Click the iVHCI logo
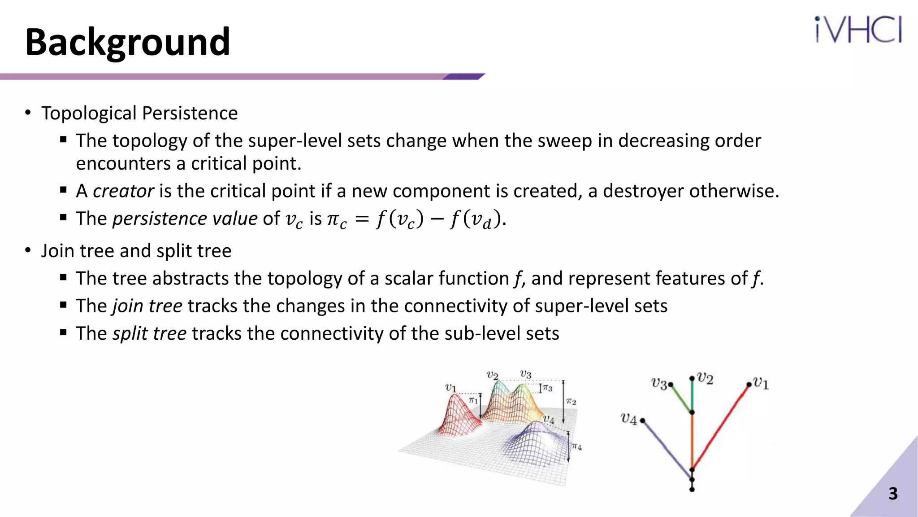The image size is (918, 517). (x=858, y=30)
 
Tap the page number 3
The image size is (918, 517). (x=893, y=494)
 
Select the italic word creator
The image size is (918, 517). (x=123, y=191)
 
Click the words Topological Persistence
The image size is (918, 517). (x=139, y=113)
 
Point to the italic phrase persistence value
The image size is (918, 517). (x=185, y=219)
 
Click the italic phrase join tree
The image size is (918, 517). (x=147, y=306)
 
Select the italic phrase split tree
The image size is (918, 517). (x=149, y=333)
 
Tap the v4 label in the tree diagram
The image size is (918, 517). (x=628, y=419)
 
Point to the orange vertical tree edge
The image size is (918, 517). (x=692, y=440)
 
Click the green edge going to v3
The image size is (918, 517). (x=681, y=399)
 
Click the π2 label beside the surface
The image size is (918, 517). (x=571, y=402)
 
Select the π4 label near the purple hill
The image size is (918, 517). (x=576, y=447)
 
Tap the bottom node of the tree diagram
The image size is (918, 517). (x=692, y=489)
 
